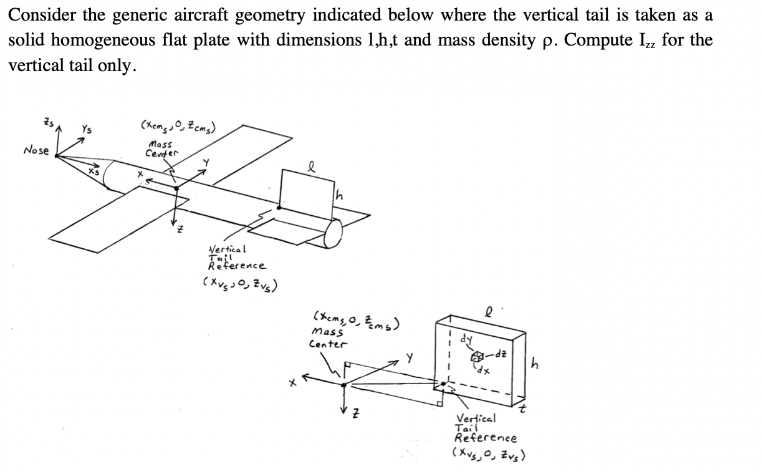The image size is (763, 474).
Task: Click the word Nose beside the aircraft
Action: click(36, 150)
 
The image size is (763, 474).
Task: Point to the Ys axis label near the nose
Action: click(87, 130)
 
